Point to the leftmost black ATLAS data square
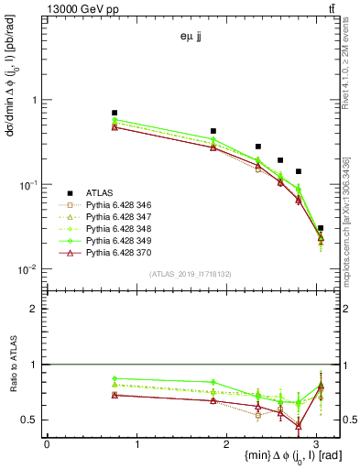(115, 113)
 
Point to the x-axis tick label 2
(228, 443)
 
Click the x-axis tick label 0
(47, 443)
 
